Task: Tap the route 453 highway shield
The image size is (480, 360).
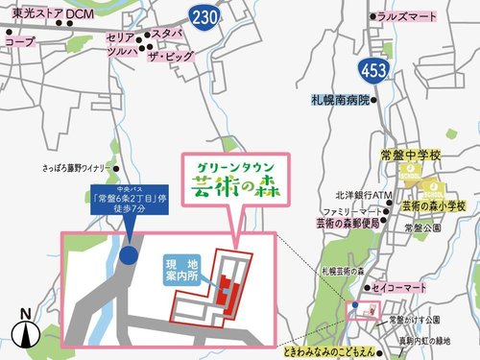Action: [372, 69]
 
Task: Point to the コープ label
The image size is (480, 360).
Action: [19, 42]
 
